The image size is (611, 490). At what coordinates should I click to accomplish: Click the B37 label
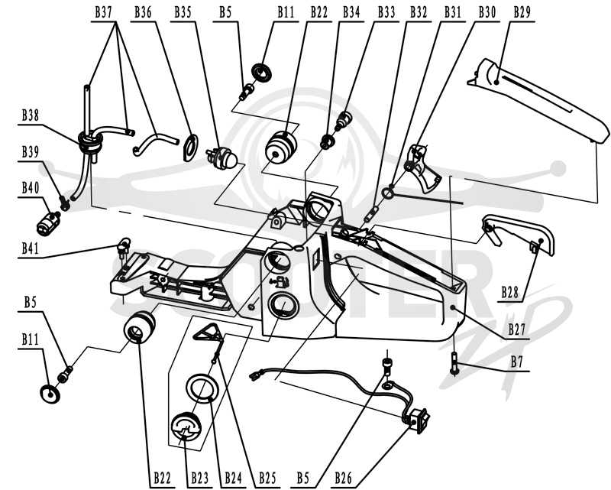click(103, 12)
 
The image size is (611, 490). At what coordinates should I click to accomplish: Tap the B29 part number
click(522, 12)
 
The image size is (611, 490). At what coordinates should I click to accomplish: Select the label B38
click(30, 115)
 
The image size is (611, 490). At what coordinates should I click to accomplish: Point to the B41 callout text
click(30, 248)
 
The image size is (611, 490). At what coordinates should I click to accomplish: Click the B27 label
click(516, 329)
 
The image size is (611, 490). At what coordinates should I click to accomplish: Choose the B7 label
click(517, 362)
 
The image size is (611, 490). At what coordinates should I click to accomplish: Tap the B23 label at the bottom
click(199, 478)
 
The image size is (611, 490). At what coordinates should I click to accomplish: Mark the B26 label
click(343, 478)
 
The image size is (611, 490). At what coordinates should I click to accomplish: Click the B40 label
click(30, 188)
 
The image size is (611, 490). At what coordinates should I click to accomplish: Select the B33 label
click(386, 12)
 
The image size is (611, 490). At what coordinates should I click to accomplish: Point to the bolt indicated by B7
click(454, 363)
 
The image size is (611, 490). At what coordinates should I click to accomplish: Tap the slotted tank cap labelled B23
click(186, 427)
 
